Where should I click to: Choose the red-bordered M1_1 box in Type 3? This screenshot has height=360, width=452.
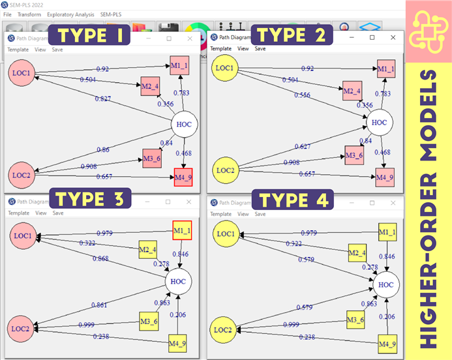pyautogui.click(x=182, y=230)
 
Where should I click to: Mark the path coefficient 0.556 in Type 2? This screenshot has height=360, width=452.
pyautogui.click(x=301, y=95)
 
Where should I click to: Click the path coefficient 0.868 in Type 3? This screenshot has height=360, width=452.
pyautogui.click(x=101, y=260)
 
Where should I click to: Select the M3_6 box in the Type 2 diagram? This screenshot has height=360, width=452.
pyautogui.click(x=354, y=154)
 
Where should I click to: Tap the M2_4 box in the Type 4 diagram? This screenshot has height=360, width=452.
pyautogui.click(x=356, y=252)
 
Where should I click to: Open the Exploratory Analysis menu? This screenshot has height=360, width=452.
pyautogui.click(x=71, y=14)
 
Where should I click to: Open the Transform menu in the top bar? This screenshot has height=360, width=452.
pyautogui.click(x=29, y=14)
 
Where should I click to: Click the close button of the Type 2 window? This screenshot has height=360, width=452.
pyautogui.click(x=393, y=38)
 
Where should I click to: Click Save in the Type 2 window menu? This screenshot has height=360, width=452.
pyautogui.click(x=260, y=48)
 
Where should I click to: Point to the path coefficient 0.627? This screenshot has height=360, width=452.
pyautogui.click(x=302, y=146)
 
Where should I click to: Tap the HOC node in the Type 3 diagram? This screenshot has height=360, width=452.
pyautogui.click(x=178, y=282)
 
